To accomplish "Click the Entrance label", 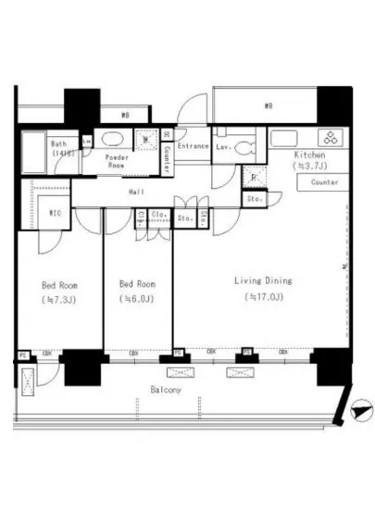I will click(x=193, y=146).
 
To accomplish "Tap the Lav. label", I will click(x=223, y=146).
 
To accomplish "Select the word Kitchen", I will click(x=308, y=155).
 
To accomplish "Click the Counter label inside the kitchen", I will click(x=318, y=182).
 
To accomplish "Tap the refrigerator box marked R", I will click(x=254, y=178).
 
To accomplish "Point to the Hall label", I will click(x=135, y=192).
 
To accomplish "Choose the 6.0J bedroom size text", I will click(x=136, y=300).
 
